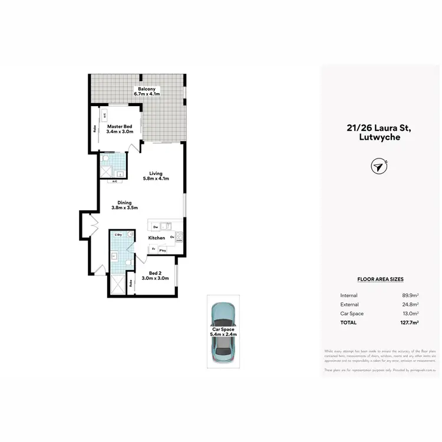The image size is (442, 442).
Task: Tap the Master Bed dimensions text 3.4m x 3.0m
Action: point(120,132)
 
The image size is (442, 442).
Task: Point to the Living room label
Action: point(156,173)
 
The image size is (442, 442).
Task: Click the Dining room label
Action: point(124,203)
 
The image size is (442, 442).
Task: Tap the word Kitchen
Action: point(156,238)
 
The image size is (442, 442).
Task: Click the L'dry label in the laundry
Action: point(118,235)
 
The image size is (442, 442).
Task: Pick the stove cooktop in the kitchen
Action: point(179,238)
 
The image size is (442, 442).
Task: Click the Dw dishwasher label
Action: point(155,226)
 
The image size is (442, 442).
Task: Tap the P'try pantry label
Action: point(161,250)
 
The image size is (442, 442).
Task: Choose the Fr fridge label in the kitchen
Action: point(153,249)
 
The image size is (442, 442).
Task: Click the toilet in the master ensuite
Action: point(104,159)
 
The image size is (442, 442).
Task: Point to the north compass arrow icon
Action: point(378,167)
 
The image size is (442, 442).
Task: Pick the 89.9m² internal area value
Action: point(410,295)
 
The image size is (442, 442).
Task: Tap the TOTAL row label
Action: point(349,322)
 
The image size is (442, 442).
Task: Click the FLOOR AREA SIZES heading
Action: point(380,279)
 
